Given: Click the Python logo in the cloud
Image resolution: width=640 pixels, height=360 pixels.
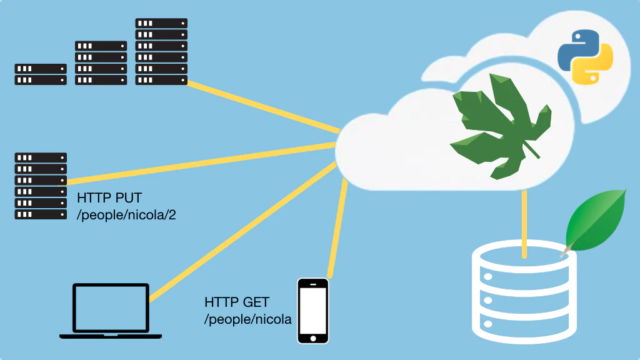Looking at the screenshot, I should [585, 56].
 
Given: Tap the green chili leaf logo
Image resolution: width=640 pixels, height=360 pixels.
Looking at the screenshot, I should [500, 128].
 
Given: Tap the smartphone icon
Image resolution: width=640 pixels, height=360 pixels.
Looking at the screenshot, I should [312, 311].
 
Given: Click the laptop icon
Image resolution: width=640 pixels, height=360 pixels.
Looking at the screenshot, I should [111, 311].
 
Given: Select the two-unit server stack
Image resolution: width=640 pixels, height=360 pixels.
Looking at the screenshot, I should [41, 74].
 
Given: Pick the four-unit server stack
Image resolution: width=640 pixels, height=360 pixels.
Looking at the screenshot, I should [101, 62].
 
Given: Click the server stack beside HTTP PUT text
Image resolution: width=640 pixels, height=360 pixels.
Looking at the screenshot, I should [41, 186].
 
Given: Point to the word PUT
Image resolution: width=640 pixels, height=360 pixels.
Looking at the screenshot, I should [127, 199].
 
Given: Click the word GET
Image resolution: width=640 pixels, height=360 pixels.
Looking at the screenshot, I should [256, 302].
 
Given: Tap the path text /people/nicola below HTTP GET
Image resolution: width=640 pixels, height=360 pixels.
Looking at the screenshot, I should [248, 319].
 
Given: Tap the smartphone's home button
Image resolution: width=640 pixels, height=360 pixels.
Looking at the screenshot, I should [312, 337].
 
